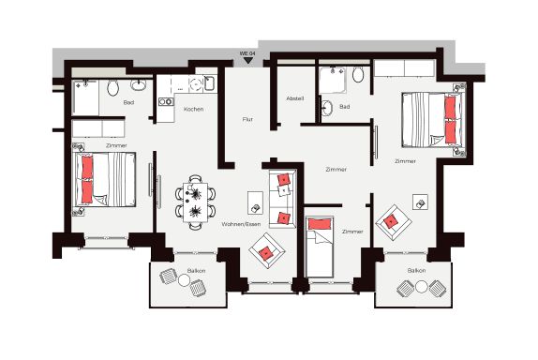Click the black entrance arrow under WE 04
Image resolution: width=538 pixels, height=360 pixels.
coord(247,61)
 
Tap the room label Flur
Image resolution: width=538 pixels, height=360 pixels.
coord(247,119)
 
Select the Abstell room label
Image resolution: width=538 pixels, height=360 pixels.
coord(294,98)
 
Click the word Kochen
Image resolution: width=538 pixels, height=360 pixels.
coord(193,109)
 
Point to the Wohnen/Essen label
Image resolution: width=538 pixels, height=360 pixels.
coord(241,224)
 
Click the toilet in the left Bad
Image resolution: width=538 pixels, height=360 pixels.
coord(112,88)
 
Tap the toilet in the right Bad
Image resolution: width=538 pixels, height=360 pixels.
coord(358,74)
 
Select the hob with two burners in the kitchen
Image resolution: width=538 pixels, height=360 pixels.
coord(166,101)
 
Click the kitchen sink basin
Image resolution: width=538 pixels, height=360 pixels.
coord(209,83)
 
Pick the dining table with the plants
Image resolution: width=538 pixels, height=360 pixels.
coord(195,202)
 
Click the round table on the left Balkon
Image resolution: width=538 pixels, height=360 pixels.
coord(184,280)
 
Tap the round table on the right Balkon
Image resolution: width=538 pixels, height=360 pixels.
coord(421,287)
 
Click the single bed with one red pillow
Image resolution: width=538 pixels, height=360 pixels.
coord(320,247)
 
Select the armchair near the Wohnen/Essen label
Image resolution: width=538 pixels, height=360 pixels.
coord(267,251)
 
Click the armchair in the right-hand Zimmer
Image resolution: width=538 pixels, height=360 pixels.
coord(394,222)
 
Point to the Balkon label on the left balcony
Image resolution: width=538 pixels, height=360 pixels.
coord(196,271)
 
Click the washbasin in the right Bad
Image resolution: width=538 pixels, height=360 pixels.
coord(327,108)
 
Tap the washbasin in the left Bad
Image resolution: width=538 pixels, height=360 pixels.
coord(139,84)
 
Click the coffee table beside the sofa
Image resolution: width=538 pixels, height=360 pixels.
coord(255,203)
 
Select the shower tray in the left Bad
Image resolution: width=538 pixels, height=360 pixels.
coord(86,97)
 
